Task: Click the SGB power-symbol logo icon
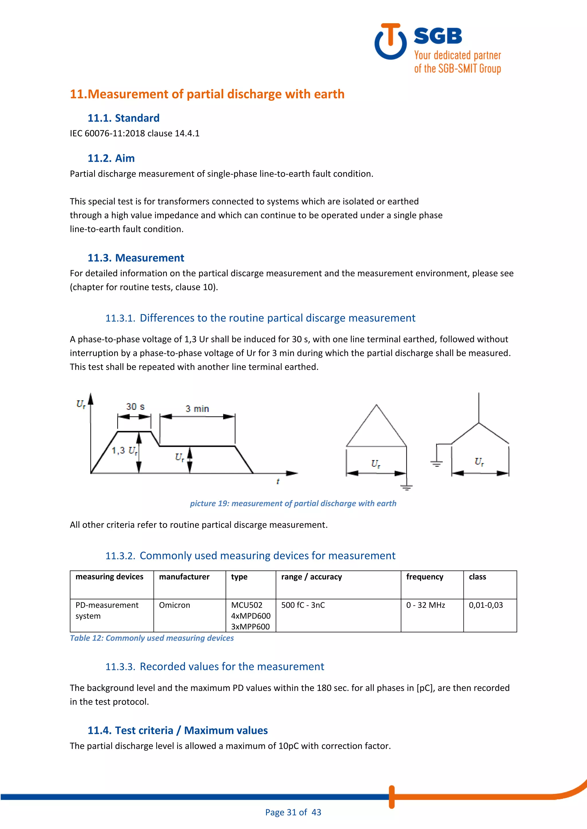point(390,42)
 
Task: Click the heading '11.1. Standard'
point(123,118)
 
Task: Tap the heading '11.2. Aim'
point(111,158)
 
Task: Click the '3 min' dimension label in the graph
point(197,409)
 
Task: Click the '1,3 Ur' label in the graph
point(124,451)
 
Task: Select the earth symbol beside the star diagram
point(437,463)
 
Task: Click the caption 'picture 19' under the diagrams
point(293,503)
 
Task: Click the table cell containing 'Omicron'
point(175,605)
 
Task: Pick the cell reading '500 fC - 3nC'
point(303,605)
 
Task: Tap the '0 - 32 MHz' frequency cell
point(425,605)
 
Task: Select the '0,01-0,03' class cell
point(486,605)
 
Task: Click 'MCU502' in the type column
point(246,605)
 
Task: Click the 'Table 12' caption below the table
point(152,638)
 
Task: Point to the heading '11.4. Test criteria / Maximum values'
point(177,731)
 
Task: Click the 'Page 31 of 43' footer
point(293,812)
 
